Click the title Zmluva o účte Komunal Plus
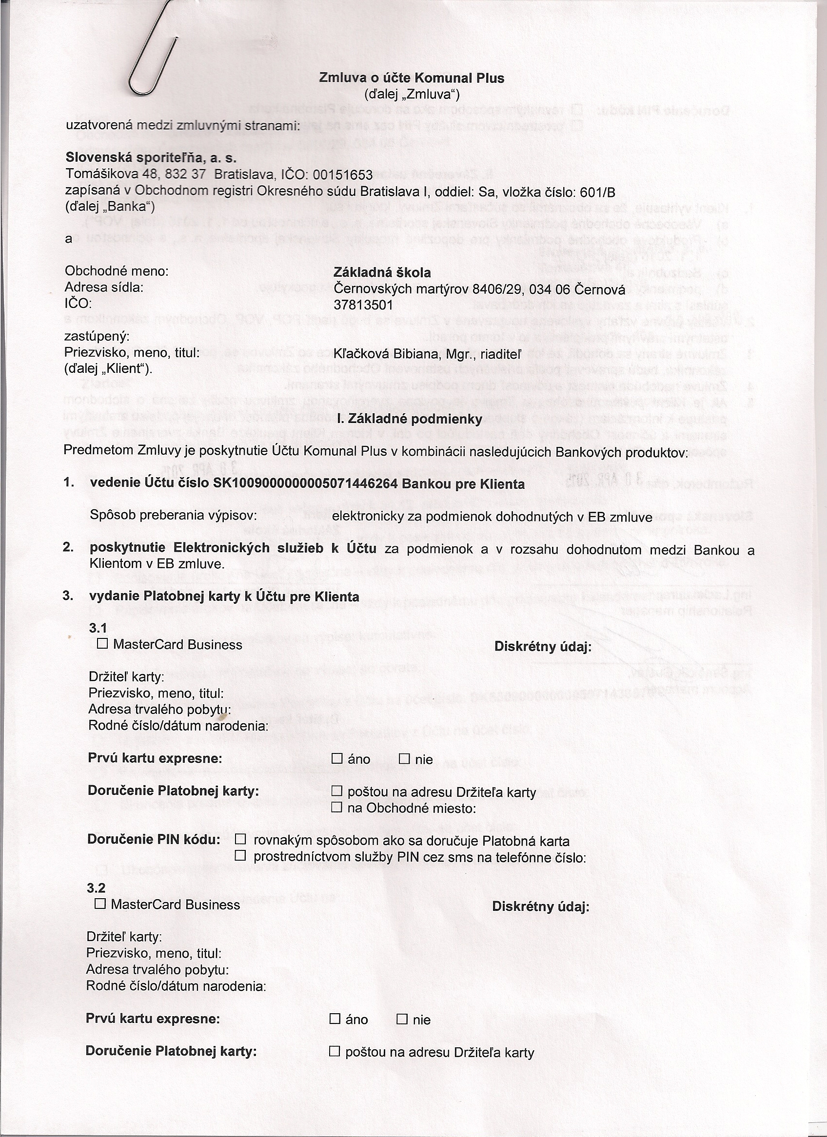tap(412, 78)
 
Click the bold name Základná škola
tap(382, 273)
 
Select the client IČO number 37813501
tap(363, 305)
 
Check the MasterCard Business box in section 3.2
tap(100, 904)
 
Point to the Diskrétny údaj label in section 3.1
tap(543, 647)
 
